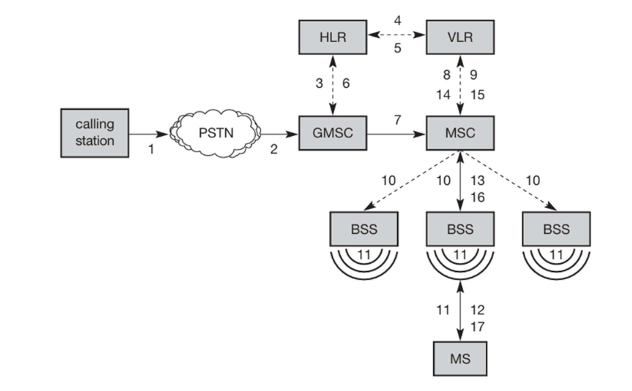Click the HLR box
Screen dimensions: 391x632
(x=333, y=37)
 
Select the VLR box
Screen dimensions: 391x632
(x=460, y=37)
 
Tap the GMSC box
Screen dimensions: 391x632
(x=333, y=133)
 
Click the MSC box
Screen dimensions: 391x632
(x=460, y=133)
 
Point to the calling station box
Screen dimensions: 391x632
(x=95, y=133)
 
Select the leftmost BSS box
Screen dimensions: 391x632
(x=364, y=229)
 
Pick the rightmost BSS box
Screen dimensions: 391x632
(x=556, y=229)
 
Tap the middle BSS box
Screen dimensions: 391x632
(x=460, y=229)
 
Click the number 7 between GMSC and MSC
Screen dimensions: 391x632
(x=396, y=120)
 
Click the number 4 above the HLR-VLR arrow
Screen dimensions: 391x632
(x=397, y=20)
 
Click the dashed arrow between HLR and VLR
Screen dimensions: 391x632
(x=397, y=34)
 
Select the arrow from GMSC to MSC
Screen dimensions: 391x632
(x=397, y=134)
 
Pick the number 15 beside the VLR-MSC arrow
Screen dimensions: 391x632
(x=479, y=95)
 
